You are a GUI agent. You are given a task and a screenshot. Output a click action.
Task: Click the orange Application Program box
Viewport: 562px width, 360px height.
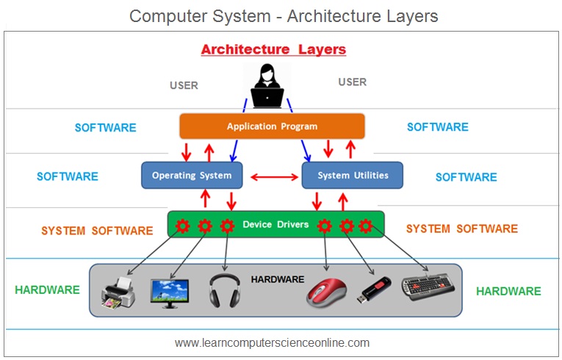pos(272,126)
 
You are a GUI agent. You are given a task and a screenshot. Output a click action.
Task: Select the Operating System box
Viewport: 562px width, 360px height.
pos(192,176)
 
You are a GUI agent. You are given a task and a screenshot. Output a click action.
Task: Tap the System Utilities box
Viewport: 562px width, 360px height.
pos(353,176)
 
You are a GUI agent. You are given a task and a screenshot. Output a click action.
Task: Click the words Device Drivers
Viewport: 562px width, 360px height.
pos(275,225)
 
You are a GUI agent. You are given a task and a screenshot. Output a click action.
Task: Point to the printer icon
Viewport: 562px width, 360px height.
pos(118,293)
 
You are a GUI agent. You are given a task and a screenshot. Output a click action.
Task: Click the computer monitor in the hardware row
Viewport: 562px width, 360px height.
pos(170,294)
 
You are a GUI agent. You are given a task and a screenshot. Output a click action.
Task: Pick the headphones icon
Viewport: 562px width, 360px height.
pos(225,291)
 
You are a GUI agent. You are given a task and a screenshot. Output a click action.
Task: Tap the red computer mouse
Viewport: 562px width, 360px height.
pos(326,292)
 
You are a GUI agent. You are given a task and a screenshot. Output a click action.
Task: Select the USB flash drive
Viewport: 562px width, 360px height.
pos(373,289)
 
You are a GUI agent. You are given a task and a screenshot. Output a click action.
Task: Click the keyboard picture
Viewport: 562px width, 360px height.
pos(428,286)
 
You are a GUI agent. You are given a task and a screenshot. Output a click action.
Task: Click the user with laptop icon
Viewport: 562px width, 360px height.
pos(267,86)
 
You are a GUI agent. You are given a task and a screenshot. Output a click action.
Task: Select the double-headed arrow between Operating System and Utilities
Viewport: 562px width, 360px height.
pos(274,177)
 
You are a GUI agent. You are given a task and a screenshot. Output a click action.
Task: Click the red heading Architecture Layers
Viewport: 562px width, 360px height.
pos(273,49)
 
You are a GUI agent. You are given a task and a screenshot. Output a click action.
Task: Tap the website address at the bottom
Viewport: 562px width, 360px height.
pos(272,343)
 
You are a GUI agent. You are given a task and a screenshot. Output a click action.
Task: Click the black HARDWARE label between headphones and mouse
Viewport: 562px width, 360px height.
pos(278,279)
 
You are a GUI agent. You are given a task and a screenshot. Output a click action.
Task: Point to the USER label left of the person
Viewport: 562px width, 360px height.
pos(184,85)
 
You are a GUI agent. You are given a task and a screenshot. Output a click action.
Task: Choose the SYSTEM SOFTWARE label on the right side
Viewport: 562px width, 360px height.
pos(462,228)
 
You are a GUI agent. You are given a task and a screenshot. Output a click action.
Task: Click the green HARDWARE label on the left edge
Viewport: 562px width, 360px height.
pos(47,289)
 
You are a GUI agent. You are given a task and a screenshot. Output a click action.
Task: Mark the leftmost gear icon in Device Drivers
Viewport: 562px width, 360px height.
pos(182,226)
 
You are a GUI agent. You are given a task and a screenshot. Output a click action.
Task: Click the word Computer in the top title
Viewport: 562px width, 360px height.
pos(167,16)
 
